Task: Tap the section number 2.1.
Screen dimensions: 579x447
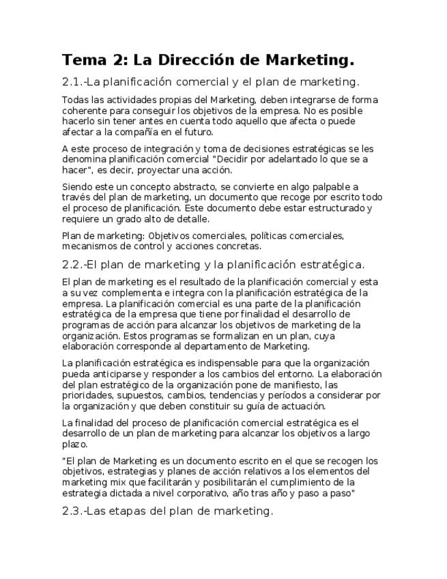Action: pyautogui.click(x=72, y=83)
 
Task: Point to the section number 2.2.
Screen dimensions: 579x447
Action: pyautogui.click(x=72, y=265)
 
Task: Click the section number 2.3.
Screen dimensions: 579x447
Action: pyautogui.click(x=72, y=511)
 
